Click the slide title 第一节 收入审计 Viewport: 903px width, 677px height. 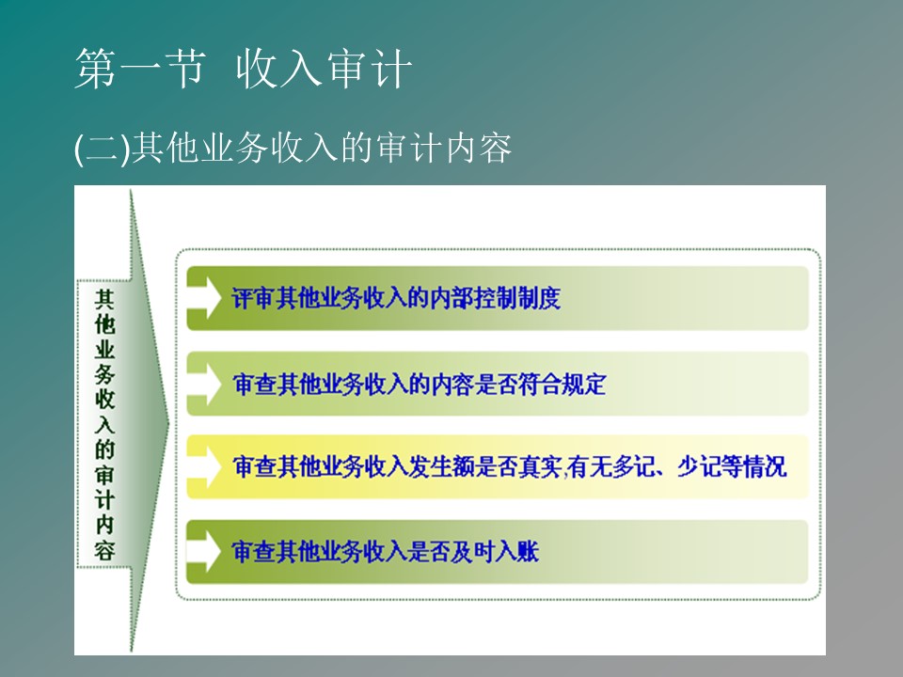pyautogui.click(x=243, y=69)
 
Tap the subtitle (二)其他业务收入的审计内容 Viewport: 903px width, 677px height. pyautogui.click(x=293, y=149)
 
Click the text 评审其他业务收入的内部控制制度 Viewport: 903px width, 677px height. pyautogui.click(x=396, y=298)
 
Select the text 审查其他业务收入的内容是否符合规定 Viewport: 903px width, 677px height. pyautogui.click(x=420, y=384)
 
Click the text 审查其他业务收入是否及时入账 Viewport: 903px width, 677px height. pyautogui.click(x=386, y=552)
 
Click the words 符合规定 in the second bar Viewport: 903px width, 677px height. pyautogui.click(x=562, y=384)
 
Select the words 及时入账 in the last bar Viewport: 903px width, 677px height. pyautogui.click(x=495, y=552)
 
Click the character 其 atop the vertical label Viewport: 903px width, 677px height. pyautogui.click(x=104, y=299)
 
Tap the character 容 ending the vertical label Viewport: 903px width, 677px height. pyautogui.click(x=104, y=551)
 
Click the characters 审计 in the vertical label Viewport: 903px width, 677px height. pyautogui.click(x=104, y=488)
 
